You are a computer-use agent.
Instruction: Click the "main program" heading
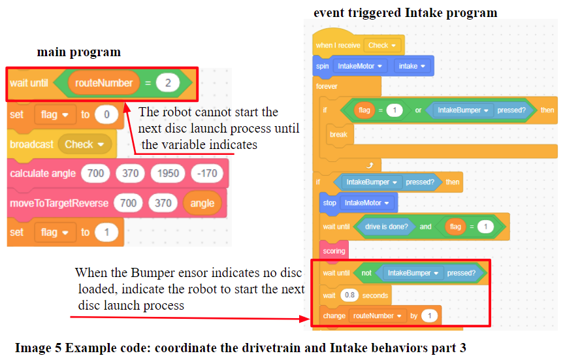click(78, 52)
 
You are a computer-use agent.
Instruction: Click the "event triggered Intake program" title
click(405, 13)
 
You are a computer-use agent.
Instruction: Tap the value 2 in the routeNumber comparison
click(168, 83)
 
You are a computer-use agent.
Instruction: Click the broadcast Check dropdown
click(85, 144)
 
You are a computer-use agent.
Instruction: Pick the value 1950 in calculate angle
click(166, 174)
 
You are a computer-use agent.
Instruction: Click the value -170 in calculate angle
click(206, 174)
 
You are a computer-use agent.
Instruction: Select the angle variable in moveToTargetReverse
click(202, 203)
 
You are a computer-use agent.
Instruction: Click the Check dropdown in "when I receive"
click(381, 45)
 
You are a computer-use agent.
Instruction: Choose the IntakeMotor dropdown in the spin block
click(360, 66)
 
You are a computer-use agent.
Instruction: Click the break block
click(339, 134)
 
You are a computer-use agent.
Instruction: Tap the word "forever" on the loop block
click(327, 86)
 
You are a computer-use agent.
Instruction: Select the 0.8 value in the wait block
click(349, 295)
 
